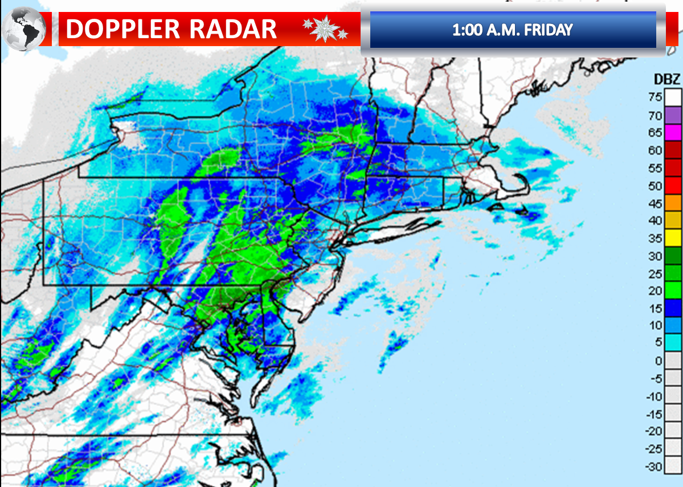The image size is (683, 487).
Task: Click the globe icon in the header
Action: (x=24, y=29)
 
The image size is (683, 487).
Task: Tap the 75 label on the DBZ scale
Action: (x=655, y=97)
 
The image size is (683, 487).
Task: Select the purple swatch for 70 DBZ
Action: (x=673, y=116)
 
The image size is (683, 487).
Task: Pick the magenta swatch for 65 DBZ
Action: (x=673, y=133)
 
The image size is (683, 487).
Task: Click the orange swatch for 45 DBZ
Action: (x=673, y=203)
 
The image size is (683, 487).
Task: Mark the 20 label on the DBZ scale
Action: (x=655, y=290)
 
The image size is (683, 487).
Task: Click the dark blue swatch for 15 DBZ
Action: (x=673, y=308)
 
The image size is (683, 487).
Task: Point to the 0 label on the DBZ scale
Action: (x=658, y=361)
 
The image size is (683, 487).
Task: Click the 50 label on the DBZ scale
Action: (x=655, y=186)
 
